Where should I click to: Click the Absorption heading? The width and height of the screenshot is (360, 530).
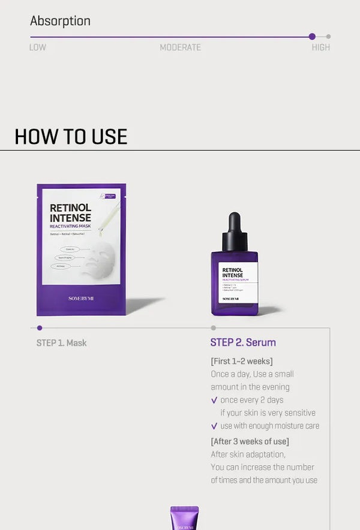(x=60, y=21)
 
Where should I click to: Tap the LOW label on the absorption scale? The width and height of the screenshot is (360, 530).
(x=38, y=47)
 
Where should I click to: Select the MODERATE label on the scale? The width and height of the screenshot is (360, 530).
(x=180, y=47)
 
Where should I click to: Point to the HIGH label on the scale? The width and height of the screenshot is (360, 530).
(x=320, y=47)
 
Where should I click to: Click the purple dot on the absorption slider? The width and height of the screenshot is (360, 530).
(x=312, y=37)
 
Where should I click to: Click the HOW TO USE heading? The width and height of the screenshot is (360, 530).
(x=71, y=137)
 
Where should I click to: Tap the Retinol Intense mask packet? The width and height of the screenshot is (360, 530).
(x=81, y=249)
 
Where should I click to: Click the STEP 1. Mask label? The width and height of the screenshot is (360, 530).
(x=61, y=343)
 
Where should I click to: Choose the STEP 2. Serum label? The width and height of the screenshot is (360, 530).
(x=243, y=343)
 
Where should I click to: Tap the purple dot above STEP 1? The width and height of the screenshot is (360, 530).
(x=40, y=328)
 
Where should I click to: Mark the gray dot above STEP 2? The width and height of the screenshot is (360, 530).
(x=213, y=328)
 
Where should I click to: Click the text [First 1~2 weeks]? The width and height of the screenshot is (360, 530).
(x=241, y=361)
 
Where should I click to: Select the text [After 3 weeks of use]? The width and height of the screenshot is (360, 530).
(x=250, y=441)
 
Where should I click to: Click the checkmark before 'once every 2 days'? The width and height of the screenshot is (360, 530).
(x=214, y=400)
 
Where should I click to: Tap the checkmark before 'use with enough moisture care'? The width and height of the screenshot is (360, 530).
(x=214, y=426)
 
